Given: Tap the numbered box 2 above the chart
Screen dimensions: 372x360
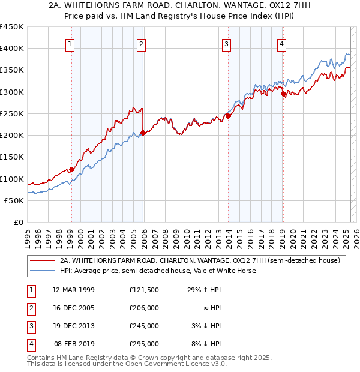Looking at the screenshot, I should tap(141, 43).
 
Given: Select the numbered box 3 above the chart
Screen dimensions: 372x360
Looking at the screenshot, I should tap(226, 43).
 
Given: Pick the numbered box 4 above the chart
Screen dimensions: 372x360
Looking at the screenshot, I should tap(281, 43).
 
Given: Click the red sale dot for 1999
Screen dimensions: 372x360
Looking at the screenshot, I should tap(71, 170).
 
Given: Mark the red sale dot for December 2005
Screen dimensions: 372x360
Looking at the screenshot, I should tap(143, 133).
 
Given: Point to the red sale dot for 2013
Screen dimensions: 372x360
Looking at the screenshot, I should tap(229, 116).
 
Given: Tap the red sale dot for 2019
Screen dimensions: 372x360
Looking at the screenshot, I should tap(283, 94).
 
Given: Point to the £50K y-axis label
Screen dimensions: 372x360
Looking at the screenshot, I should tap(14, 200).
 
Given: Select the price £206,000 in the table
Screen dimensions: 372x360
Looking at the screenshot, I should tap(144, 308).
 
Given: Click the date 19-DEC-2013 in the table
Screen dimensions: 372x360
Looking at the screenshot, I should tap(74, 326).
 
